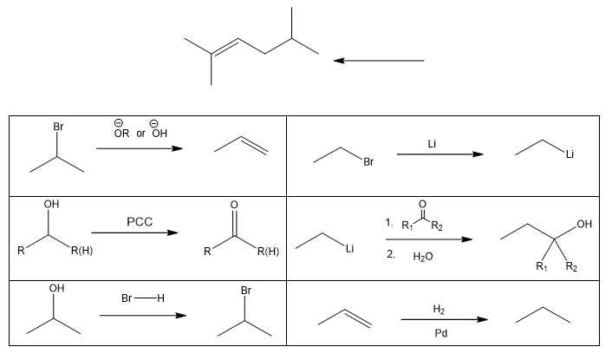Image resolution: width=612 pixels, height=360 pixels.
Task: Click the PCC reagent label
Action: coord(139,221)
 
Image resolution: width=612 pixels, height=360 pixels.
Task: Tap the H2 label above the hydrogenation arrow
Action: coord(439,309)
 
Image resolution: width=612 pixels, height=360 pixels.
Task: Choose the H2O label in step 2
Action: coord(422,257)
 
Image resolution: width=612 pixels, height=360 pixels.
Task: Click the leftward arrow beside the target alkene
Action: coord(379,61)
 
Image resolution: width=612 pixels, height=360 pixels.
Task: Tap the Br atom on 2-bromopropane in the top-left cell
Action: coord(58,127)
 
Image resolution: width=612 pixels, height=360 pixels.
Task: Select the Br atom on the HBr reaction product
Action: coord(245,292)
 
